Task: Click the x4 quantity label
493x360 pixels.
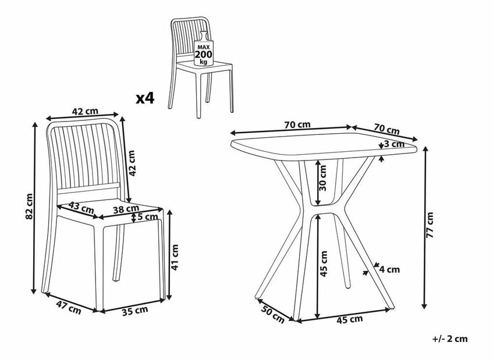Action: click(x=145, y=99)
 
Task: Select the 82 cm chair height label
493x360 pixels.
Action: click(x=29, y=206)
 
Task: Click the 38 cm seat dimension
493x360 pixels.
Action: click(x=126, y=209)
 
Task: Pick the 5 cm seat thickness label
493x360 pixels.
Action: click(x=147, y=217)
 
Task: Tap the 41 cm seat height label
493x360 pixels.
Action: click(x=175, y=257)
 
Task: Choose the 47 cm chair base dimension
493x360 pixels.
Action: click(x=69, y=307)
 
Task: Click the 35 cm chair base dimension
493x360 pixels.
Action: click(x=135, y=311)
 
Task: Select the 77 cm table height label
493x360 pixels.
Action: click(x=430, y=225)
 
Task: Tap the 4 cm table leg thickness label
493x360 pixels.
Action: click(x=389, y=269)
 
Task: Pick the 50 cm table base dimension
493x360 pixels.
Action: click(x=273, y=314)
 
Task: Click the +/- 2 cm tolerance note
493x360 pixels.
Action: click(x=450, y=339)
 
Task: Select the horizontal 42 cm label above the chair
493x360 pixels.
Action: click(x=85, y=111)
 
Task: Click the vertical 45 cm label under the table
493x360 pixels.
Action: click(x=323, y=263)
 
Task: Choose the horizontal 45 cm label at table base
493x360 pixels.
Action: click(x=350, y=319)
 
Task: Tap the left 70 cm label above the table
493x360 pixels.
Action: click(x=297, y=124)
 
